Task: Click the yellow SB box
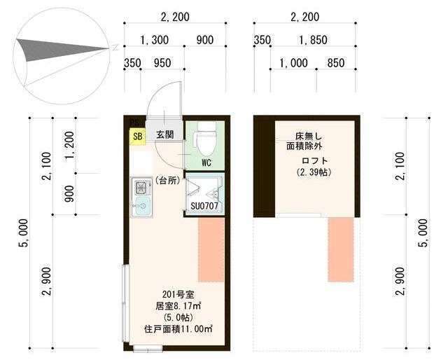tap(137, 136)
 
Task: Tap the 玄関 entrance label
tap(164, 134)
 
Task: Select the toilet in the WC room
tap(207, 139)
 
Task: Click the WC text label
tap(206, 162)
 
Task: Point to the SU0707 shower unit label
tap(204, 206)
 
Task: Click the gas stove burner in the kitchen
tap(141, 188)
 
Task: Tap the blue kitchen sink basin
tap(141, 206)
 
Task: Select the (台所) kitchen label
tap(168, 181)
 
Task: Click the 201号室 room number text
tap(178, 294)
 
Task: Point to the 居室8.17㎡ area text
tap(178, 306)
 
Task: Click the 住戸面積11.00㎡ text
tap(178, 329)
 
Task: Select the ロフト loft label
tap(315, 160)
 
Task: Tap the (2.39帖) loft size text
tap(314, 172)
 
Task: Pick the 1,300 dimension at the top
tap(154, 40)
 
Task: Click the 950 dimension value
tap(162, 63)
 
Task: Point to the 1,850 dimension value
tap(313, 40)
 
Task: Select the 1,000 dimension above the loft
tap(293, 63)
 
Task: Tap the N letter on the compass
tap(115, 48)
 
